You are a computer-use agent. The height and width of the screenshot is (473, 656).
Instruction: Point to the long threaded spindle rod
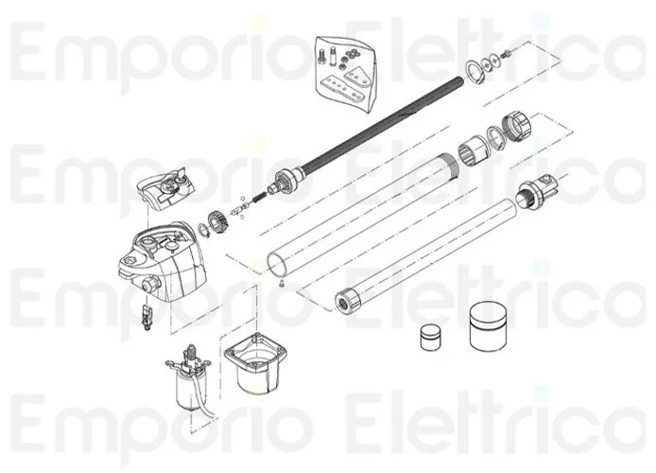pyautogui.click(x=378, y=129)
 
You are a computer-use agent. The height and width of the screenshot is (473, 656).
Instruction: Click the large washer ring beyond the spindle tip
pyautogui.click(x=474, y=69)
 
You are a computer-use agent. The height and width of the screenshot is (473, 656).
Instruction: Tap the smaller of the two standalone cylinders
pyautogui.click(x=430, y=339)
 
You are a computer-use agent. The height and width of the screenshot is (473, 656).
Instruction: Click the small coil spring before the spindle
pyautogui.click(x=259, y=197)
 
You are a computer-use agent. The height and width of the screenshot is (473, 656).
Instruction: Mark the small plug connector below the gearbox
pyautogui.click(x=147, y=316)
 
